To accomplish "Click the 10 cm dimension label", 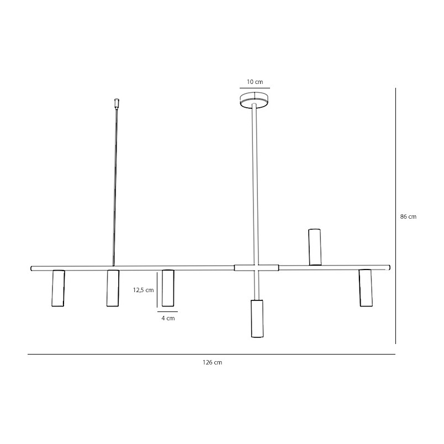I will click(x=255, y=82).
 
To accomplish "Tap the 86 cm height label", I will click(x=408, y=217).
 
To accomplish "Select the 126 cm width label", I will click(x=213, y=363).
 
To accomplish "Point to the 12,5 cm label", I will click(x=143, y=290).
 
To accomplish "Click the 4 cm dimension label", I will click(x=168, y=319).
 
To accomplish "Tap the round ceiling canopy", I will click(x=255, y=100).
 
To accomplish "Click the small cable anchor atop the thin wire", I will click(x=116, y=103).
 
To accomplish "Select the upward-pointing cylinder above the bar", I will click(x=315, y=246).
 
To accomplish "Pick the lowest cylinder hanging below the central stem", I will click(x=257, y=318).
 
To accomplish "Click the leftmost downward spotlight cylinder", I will click(x=58, y=288).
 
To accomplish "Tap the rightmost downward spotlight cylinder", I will click(x=365, y=288).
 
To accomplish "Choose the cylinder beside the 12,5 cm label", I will click(x=168, y=288).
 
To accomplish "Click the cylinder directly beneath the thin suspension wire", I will click(x=113, y=288).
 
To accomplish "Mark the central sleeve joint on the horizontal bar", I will click(x=256, y=268).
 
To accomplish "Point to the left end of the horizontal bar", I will click(x=33, y=268).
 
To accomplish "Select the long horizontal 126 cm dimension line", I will click(x=212, y=354).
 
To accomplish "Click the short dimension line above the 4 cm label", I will click(x=167, y=312).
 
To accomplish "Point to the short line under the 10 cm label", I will click(x=255, y=88).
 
